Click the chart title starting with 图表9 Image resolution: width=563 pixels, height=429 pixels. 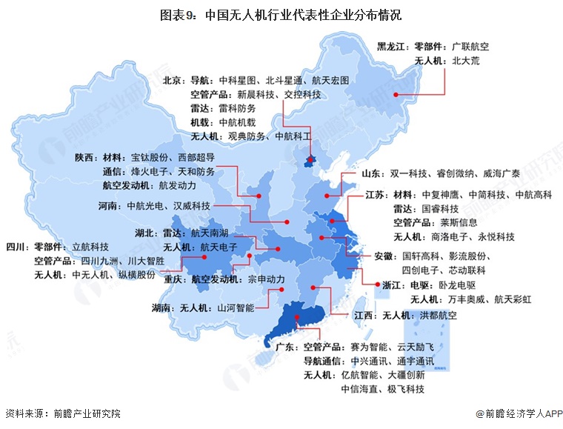coord(281,14)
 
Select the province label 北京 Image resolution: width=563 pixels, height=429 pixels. coord(173,80)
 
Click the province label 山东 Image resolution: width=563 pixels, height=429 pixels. coord(373,174)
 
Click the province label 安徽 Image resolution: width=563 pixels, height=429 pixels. coord(383,256)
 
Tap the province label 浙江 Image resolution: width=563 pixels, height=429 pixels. coord(394,285)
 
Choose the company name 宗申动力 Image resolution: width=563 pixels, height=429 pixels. coord(266,281)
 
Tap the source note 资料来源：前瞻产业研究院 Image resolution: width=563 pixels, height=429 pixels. coord(62,413)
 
